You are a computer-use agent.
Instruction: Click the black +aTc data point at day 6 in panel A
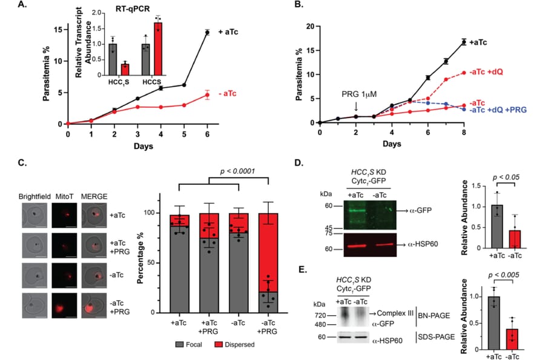208,32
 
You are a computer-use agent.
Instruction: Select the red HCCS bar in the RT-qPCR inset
158,48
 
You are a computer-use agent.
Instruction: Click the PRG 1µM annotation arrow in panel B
356,105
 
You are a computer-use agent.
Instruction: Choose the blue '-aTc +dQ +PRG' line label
498,110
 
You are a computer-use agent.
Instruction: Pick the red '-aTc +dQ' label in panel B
486,72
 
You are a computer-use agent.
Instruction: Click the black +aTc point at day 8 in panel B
464,42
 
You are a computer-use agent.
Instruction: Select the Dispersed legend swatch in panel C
219,344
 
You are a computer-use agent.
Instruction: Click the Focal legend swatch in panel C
179,344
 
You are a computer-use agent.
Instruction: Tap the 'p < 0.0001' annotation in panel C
238,171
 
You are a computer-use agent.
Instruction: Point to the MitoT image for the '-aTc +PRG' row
64,305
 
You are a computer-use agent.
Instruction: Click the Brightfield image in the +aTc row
35,216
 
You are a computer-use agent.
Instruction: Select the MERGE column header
94,196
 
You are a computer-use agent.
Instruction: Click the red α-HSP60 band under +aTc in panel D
356,245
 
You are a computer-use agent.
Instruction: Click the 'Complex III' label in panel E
395,313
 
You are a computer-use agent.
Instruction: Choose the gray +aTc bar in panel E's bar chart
494,323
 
